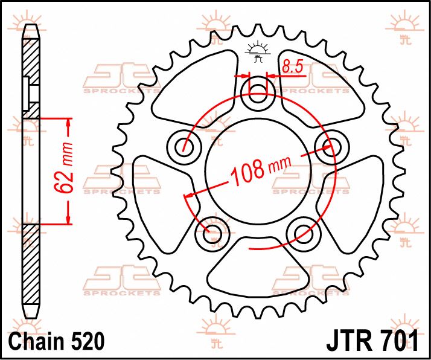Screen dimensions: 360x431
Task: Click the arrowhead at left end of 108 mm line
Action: tap(189, 196)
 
